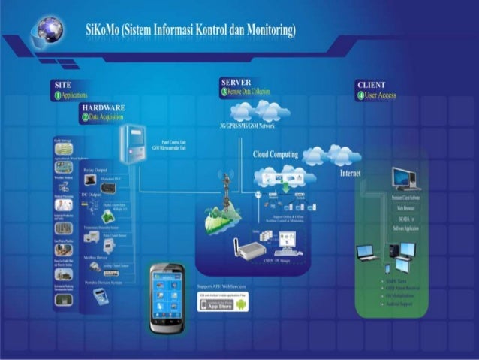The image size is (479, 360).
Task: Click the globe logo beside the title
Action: click(46, 29)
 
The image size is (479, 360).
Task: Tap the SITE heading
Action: click(63, 85)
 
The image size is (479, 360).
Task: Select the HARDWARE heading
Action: click(102, 108)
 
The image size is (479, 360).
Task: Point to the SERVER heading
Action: click(236, 81)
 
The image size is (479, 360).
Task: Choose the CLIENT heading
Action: click(372, 85)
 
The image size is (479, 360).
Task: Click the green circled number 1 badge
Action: click(56, 95)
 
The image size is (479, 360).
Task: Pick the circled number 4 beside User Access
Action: click(360, 95)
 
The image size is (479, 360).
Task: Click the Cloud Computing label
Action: click(276, 155)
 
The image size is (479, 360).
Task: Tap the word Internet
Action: click(350, 173)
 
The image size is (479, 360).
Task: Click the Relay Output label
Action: click(95, 171)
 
